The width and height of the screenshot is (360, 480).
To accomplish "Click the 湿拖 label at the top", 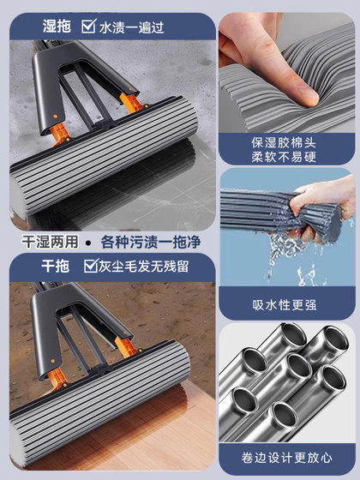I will coord(57,27).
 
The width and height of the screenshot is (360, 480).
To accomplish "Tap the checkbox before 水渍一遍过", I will coord(88,27).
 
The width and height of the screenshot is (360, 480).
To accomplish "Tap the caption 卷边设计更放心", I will coord(286,458).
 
